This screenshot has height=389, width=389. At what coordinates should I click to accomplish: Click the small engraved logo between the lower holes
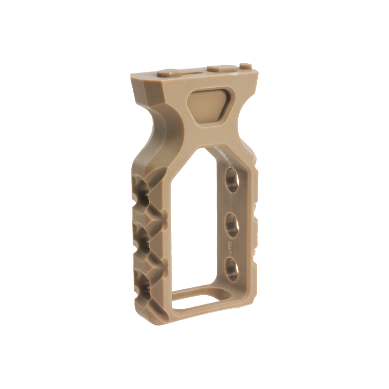229,246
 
